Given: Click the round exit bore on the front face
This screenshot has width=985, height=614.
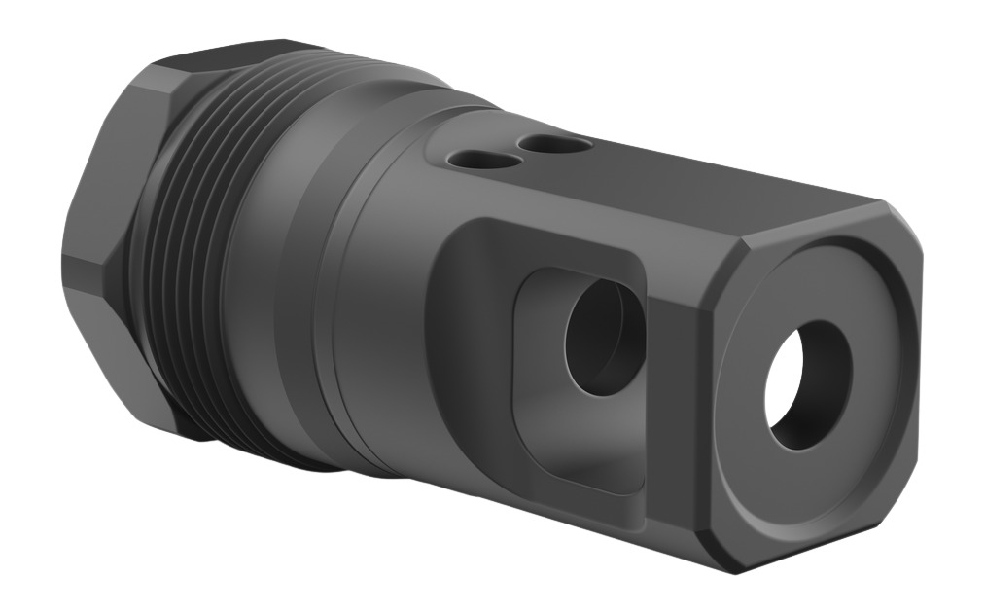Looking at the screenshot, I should click(808, 384).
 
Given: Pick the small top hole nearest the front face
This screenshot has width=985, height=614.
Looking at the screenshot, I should click(553, 144).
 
